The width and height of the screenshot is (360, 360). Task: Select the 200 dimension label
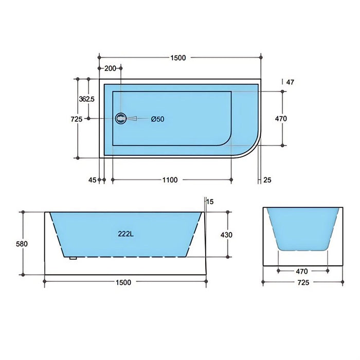click(110, 68)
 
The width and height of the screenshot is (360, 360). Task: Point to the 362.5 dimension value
click(86, 99)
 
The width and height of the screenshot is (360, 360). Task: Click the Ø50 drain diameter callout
click(157, 119)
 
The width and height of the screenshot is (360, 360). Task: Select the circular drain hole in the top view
click(121, 119)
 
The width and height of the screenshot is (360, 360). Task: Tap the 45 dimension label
click(92, 180)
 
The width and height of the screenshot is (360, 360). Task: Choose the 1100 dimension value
click(170, 180)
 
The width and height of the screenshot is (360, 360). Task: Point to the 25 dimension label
click(267, 180)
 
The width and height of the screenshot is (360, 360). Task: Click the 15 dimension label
click(209, 202)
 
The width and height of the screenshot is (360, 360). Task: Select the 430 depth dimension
click(227, 235)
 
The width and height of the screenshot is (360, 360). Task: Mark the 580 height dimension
click(22, 243)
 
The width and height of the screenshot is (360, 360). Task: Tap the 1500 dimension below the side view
click(123, 282)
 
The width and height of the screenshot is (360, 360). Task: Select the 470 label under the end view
click(302, 271)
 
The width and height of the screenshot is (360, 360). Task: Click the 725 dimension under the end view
click(302, 283)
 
